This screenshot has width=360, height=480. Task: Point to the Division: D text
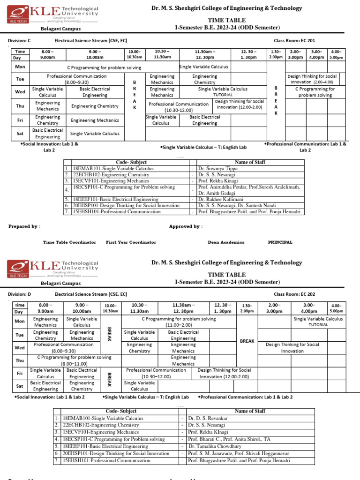(x=20, y=294)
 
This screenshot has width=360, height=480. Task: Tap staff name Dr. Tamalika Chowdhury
(x=217, y=446)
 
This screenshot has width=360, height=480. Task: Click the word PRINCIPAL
(x=280, y=242)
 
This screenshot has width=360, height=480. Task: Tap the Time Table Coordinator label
(x=69, y=242)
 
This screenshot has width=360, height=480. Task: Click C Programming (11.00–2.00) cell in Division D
(x=178, y=322)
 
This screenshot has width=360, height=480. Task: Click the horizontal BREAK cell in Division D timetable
(x=247, y=341)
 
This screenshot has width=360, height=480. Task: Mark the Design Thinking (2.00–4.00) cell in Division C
(x=312, y=79)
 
